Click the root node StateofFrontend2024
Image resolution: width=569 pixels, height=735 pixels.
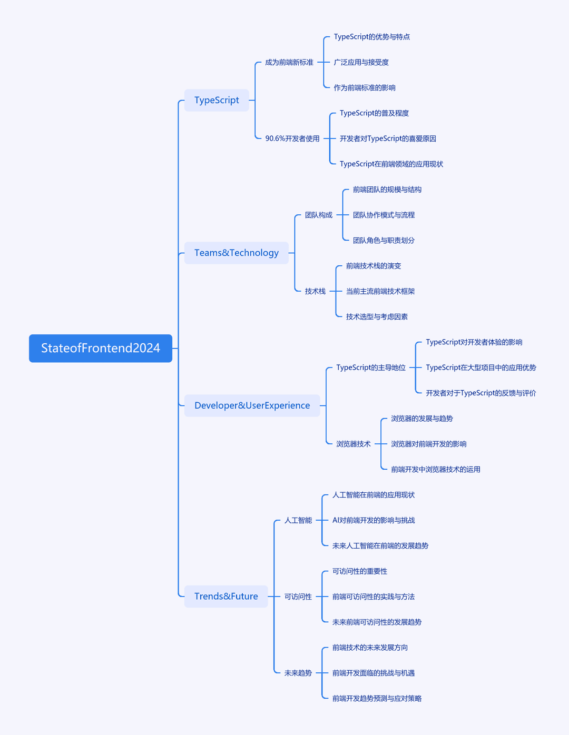coord(101,348)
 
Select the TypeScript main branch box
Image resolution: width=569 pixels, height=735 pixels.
coord(217,100)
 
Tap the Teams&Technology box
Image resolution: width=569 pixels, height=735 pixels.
coord(236,253)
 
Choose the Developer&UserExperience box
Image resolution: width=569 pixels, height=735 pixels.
coord(252,405)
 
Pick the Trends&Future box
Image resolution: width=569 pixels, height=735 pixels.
coord(226,596)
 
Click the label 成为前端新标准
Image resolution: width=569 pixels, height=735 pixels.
coord(289,62)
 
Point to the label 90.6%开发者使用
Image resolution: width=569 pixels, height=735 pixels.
coord(292,138)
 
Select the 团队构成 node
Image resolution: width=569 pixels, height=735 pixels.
coord(319,215)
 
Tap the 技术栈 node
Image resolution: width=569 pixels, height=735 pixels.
coord(315,291)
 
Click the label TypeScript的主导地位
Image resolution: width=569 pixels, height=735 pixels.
coord(371,367)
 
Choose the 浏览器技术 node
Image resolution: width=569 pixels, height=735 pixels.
coord(354,444)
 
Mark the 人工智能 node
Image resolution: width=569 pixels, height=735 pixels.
coord(298,520)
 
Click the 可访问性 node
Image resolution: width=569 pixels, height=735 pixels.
coord(298,597)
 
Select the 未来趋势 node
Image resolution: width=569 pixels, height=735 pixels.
coord(298,673)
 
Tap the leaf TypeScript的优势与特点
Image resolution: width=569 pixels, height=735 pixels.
coord(371,37)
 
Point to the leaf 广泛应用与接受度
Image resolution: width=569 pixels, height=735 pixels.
coord(361,62)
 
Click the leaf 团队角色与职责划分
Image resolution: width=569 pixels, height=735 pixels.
coord(384,240)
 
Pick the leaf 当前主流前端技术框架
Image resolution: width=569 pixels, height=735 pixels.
coord(380,291)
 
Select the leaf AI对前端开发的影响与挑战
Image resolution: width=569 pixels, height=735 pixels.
coord(374,520)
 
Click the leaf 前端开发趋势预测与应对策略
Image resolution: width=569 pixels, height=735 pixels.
coord(377,698)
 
